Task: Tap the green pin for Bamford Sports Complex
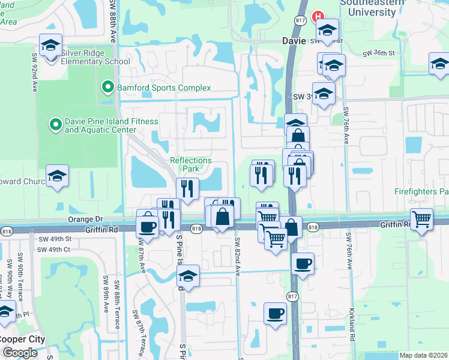108,88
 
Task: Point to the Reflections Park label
191,164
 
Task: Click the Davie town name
294,41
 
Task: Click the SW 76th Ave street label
346,126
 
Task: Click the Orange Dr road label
86,220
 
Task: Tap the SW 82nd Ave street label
238,257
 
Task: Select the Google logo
19,353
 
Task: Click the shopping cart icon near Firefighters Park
422,220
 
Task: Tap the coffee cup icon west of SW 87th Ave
147,227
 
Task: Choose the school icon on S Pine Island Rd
188,277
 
